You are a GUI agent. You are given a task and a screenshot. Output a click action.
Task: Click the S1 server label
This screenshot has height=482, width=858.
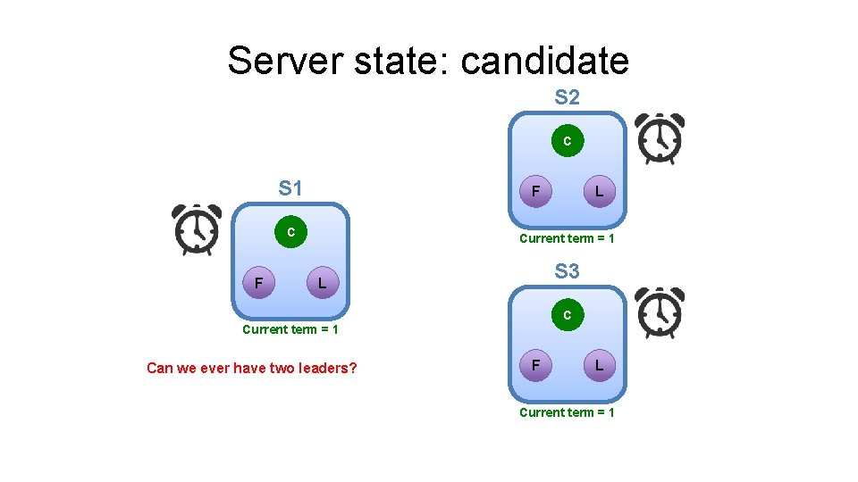click(x=290, y=188)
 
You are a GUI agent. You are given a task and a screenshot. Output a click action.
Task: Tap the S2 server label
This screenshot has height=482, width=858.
click(x=567, y=97)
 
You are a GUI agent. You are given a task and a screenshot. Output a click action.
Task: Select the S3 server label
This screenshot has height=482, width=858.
click(x=567, y=270)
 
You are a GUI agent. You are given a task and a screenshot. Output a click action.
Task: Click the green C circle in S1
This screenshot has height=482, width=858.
click(x=290, y=232)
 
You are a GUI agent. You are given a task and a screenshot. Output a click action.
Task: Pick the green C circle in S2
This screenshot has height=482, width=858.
click(x=567, y=140)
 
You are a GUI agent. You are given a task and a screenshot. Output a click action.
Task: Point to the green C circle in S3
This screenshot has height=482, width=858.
click(x=567, y=314)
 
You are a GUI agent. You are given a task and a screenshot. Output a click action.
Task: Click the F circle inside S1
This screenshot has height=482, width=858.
click(x=258, y=284)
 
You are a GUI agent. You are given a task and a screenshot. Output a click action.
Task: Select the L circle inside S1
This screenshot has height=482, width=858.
click(x=323, y=284)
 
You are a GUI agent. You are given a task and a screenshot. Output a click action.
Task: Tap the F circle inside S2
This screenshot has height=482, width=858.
click(x=535, y=191)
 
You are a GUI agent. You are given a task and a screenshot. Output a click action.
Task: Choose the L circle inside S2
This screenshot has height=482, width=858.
click(x=599, y=191)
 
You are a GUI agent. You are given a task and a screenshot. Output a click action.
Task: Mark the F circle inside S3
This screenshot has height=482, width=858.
click(x=535, y=365)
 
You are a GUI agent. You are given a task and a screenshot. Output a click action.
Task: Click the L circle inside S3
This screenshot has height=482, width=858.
click(x=599, y=365)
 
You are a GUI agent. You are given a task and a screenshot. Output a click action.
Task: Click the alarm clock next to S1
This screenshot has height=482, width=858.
click(x=197, y=229)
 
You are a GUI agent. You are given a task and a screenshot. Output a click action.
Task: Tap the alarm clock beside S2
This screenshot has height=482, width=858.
click(x=659, y=138)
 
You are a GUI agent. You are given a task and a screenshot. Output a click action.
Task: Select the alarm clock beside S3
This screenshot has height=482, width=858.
click(x=659, y=313)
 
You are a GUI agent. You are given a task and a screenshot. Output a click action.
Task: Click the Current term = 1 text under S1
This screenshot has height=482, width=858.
click(x=290, y=329)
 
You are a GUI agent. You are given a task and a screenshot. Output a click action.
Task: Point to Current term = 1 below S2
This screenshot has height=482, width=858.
click(x=567, y=238)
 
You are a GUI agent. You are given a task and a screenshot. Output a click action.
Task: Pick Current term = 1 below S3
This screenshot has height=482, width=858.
click(x=567, y=412)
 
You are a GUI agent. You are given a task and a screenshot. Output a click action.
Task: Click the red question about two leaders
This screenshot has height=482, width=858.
click(x=251, y=368)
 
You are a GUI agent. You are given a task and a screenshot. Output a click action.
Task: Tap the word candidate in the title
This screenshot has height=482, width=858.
click(x=545, y=61)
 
